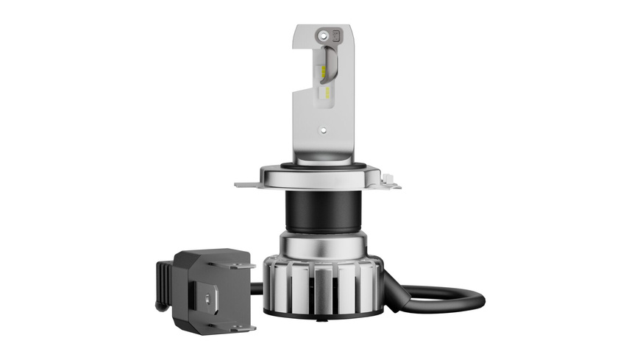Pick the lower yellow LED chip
pyautogui.click(x=324, y=91)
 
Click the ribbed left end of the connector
pyautogui.click(x=163, y=283)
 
